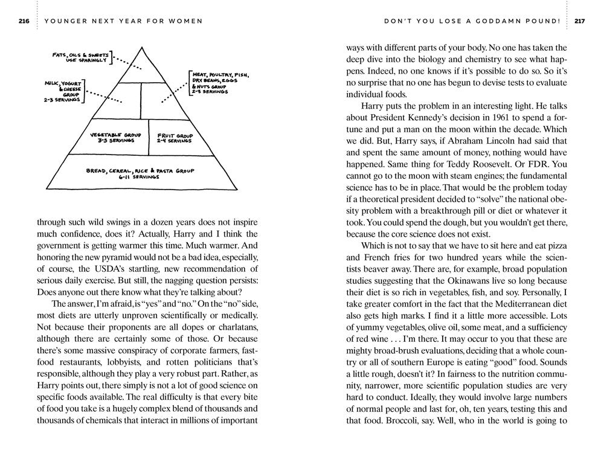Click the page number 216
coord(24,21)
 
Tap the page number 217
coord(579,21)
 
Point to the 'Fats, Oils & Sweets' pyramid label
coord(80,57)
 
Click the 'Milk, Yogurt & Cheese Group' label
coord(63,91)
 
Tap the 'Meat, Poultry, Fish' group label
coord(219,83)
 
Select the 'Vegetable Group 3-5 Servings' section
coord(115,138)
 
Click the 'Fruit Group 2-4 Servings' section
coord(175,138)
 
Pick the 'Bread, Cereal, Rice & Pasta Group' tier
coord(140,174)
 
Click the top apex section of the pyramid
coord(141,69)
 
